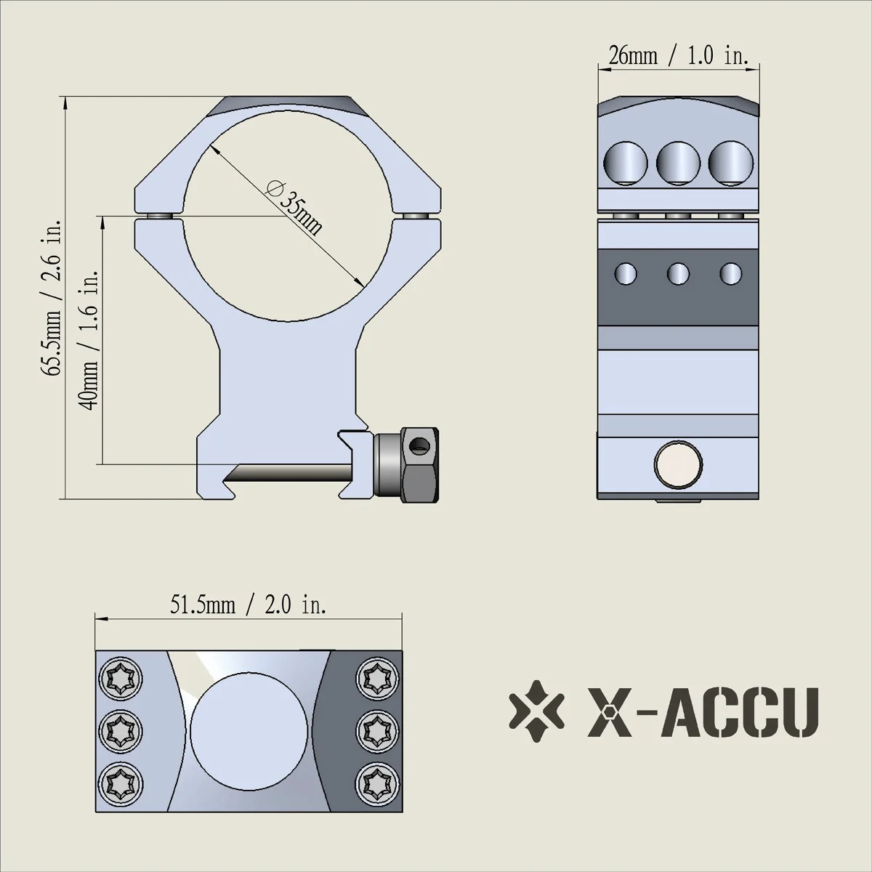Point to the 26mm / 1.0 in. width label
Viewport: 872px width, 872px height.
click(678, 56)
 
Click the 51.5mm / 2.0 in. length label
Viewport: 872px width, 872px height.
click(248, 605)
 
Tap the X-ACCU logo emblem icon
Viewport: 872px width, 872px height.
click(536, 709)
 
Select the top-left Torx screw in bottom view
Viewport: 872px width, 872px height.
click(118, 678)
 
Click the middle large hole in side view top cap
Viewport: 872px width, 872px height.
click(678, 161)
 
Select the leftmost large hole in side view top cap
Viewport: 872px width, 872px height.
click(625, 161)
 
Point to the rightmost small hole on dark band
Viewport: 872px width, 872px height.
click(730, 273)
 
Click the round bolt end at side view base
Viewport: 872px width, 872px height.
click(678, 466)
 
